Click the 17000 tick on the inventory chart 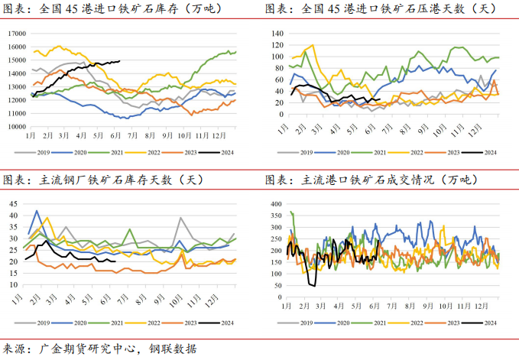(15, 34)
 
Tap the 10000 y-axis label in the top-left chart (15, 127)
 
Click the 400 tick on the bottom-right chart (276, 204)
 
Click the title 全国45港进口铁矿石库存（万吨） (122, 10)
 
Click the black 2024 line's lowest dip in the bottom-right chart (312, 285)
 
